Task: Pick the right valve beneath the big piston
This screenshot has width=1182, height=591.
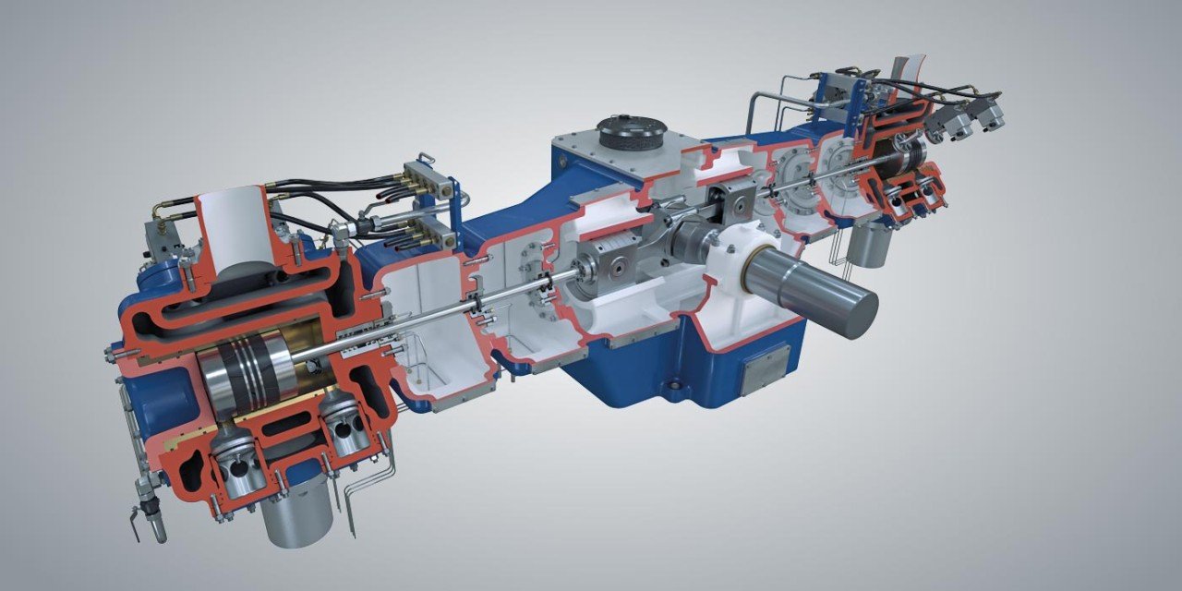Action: pos(344,420)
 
